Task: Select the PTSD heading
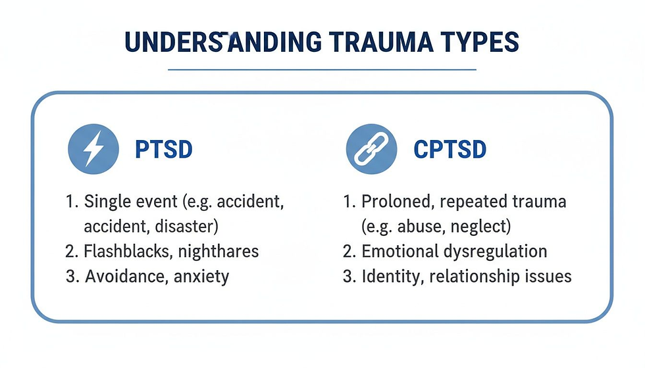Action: [164, 149]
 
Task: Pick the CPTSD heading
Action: [450, 149]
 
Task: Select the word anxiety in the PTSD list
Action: [201, 276]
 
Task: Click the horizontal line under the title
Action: [322, 68]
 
